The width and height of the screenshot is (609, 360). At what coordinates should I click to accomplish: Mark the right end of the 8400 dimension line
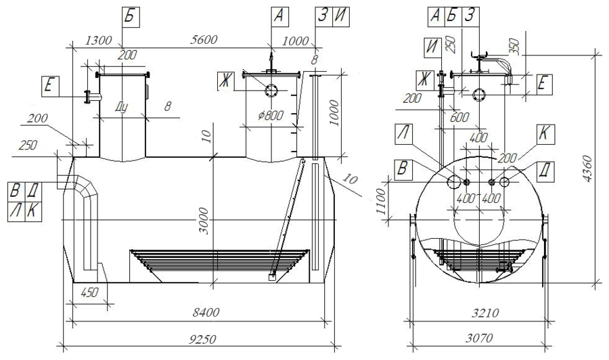tap(325, 321)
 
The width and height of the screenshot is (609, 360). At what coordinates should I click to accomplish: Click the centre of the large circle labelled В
tap(453, 181)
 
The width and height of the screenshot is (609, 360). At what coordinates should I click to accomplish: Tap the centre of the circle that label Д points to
tap(505, 181)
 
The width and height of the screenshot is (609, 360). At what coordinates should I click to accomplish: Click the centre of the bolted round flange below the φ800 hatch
tap(271, 91)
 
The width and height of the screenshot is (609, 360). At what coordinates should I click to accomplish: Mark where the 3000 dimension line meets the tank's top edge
tap(213, 157)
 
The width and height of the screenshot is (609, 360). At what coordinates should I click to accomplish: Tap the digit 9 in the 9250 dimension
tap(193, 340)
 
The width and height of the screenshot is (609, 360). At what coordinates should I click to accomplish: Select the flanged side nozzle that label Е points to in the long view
tap(92, 96)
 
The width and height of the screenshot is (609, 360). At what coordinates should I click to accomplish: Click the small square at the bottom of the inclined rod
tap(271, 277)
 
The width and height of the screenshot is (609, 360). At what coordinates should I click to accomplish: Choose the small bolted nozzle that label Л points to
tap(466, 182)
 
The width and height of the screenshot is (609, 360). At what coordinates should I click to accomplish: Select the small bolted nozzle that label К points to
tap(492, 182)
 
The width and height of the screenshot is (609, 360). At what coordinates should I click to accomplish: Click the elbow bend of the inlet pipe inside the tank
tap(85, 186)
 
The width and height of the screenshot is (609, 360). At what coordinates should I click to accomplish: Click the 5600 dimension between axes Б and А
tap(203, 40)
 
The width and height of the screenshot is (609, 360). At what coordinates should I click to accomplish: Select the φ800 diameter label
tap(270, 115)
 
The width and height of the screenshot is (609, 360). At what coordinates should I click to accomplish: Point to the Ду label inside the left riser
tap(121, 108)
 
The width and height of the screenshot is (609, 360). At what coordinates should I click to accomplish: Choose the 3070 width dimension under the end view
tap(479, 338)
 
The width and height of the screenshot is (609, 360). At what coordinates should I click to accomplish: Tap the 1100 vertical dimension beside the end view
tap(382, 202)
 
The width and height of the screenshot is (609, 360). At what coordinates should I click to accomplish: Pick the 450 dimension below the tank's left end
tap(89, 292)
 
